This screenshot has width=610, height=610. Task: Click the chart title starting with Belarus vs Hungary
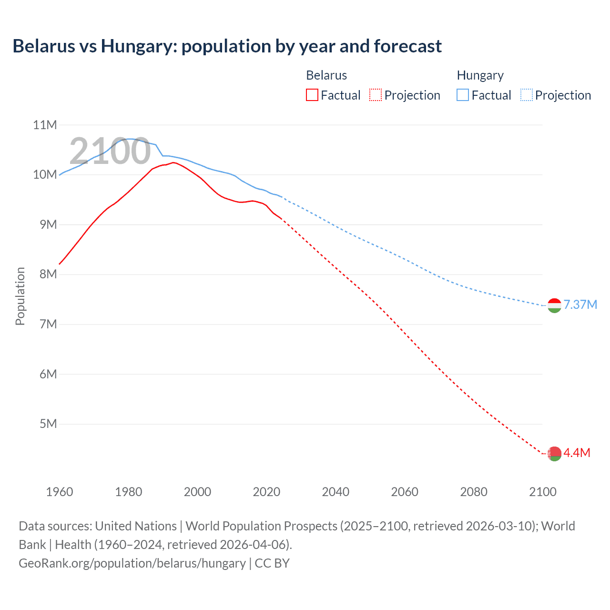point(227,46)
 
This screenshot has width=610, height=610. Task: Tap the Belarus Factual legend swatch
point(312,95)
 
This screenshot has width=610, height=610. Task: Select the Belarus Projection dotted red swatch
point(376,95)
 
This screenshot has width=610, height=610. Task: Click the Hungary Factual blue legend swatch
point(463,95)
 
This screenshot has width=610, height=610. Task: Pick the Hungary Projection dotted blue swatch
point(527,95)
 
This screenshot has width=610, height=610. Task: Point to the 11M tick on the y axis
point(45,125)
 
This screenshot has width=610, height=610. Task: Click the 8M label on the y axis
point(48,274)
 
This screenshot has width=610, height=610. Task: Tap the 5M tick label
point(48,424)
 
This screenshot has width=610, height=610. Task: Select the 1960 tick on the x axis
point(60,492)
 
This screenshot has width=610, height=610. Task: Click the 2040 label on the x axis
point(335,492)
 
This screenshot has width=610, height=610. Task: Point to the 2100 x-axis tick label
point(542,492)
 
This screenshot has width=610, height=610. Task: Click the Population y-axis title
point(20,296)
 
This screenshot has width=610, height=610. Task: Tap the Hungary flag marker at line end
point(554,305)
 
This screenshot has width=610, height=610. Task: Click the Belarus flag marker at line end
point(554,454)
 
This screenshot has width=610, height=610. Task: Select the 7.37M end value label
point(580,305)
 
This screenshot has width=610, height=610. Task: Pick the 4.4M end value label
point(577,453)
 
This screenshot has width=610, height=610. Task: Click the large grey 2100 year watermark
point(110,151)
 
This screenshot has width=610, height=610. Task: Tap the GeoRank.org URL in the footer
point(132,563)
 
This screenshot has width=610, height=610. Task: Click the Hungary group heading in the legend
point(480,75)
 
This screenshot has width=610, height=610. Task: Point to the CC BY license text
point(272,563)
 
